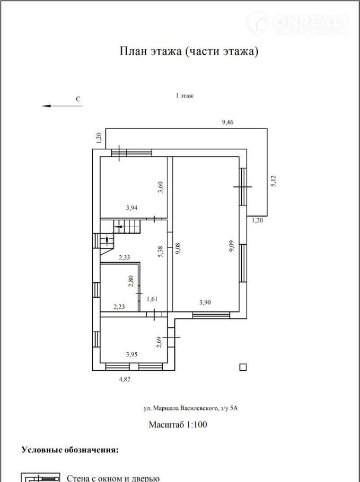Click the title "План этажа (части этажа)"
click(189, 51)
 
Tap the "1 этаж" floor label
click(185, 95)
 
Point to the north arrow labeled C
click(62, 106)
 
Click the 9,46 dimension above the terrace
click(227, 122)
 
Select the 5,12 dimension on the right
click(273, 181)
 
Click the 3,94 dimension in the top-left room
click(131, 208)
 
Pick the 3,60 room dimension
click(160, 187)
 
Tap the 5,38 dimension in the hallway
click(160, 252)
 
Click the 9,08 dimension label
click(178, 248)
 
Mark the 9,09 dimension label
click(232, 246)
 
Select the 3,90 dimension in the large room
click(205, 302)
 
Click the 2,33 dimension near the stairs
click(124, 258)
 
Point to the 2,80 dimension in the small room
click(131, 281)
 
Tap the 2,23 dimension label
click(119, 307)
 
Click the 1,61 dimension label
click(152, 299)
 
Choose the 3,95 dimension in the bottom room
click(131, 354)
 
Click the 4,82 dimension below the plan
click(125, 379)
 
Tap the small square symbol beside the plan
click(243, 367)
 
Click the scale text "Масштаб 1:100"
click(178, 425)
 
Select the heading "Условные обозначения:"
click(70, 450)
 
